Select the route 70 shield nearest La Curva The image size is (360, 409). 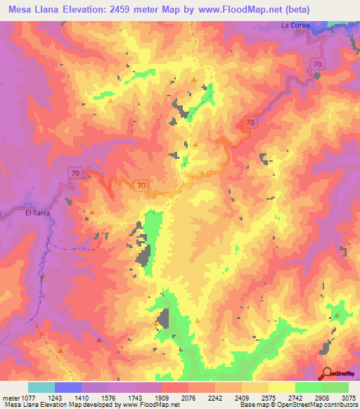[x=319, y=64]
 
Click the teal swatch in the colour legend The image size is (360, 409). [x=41, y=387]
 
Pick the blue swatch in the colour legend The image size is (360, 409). [x=68, y=387]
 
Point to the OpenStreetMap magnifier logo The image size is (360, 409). [x=326, y=373]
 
